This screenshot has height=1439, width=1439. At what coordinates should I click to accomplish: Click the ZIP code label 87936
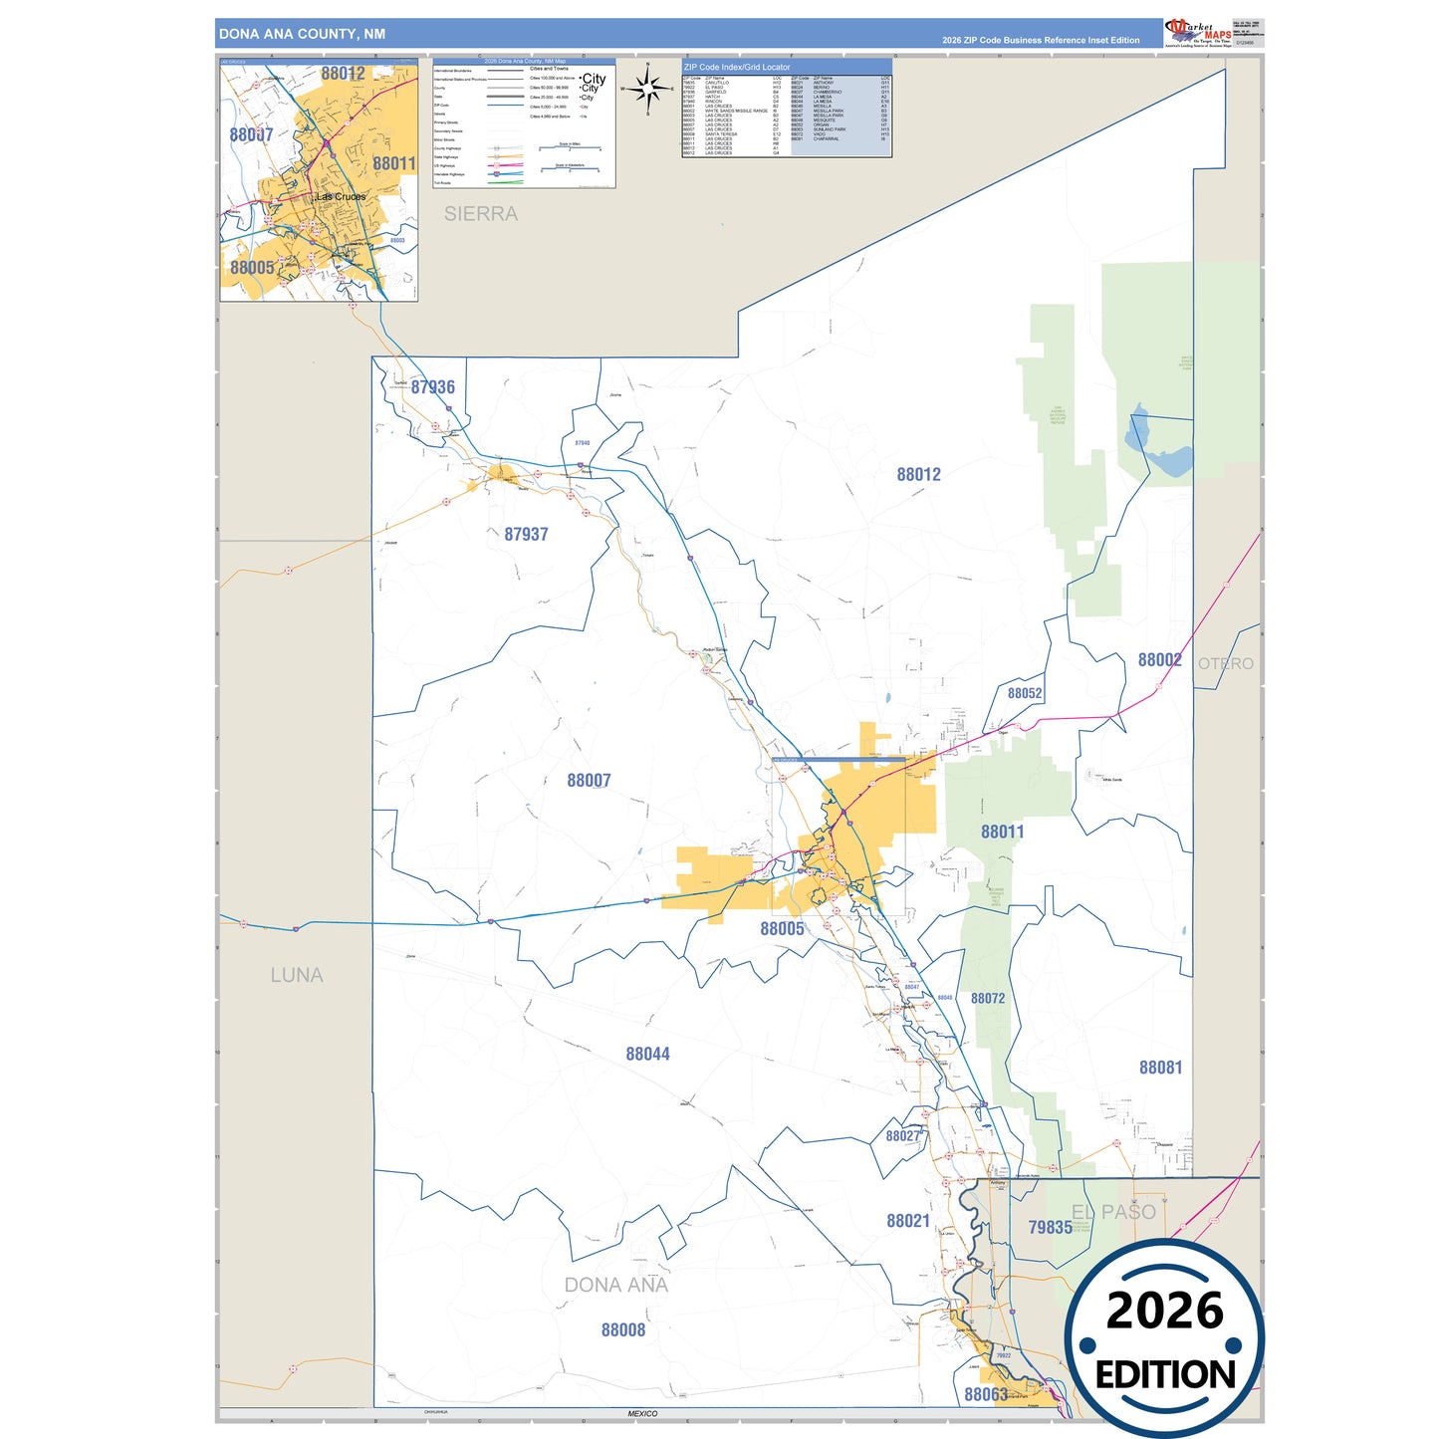432,387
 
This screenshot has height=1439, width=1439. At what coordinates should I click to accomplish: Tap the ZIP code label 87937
526,535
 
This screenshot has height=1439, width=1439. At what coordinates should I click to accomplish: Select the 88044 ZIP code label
647,1055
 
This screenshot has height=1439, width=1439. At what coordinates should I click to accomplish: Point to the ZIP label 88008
623,1330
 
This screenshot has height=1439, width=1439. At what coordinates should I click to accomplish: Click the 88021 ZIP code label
908,1221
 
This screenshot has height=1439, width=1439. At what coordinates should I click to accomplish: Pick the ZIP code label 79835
1050,1228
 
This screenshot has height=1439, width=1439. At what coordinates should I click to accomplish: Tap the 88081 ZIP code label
1160,1068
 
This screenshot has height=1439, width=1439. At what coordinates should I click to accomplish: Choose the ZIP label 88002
1159,660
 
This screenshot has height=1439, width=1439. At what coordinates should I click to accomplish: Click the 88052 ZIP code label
1025,693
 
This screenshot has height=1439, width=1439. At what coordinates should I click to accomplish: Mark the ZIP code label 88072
988,999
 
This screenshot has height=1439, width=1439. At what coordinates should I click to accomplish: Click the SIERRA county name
481,214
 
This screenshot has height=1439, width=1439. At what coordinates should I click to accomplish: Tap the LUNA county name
297,976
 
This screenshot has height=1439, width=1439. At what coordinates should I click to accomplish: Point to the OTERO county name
1225,664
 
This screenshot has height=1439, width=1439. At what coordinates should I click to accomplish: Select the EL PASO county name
1113,1212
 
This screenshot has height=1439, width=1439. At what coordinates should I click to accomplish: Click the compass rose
648,90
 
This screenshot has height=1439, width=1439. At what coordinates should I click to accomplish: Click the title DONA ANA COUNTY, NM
302,34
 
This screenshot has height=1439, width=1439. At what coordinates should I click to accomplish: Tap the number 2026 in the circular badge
1164,1311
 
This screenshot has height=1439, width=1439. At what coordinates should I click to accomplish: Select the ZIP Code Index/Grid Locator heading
737,67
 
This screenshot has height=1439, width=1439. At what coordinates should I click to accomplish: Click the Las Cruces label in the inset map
341,197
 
